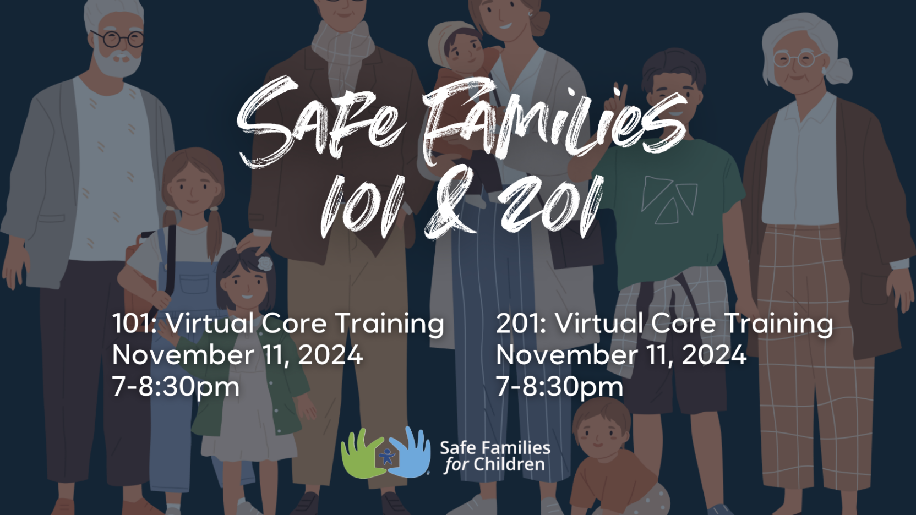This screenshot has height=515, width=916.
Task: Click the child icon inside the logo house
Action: pos(386,456)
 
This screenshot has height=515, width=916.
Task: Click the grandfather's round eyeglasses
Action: pos(118,39)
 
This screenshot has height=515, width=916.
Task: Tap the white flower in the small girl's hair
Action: pos(265,263)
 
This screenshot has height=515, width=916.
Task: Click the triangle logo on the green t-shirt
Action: pos(669,200)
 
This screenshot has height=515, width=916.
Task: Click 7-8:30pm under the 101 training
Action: pos(176,387)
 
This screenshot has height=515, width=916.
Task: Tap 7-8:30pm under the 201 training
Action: pos(559,387)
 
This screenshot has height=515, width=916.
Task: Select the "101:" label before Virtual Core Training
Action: pos(134,324)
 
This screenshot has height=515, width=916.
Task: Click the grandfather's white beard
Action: pos(118,61)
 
